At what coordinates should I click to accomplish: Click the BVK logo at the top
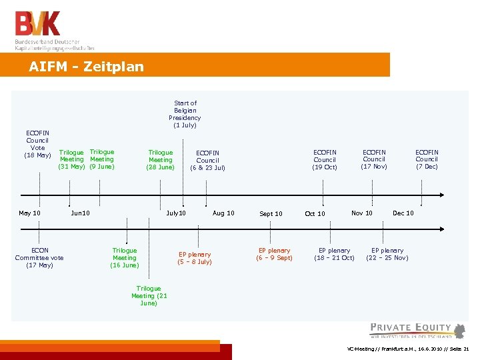39,24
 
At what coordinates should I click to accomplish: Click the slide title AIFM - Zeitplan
86,67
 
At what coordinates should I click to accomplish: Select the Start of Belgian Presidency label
185,114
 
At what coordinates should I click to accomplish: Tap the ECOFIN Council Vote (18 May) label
37,144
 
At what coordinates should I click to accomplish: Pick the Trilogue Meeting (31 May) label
71,159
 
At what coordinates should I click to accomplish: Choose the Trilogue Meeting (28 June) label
160,160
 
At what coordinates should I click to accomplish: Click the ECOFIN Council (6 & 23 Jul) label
207,160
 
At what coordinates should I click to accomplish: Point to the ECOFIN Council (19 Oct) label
325,159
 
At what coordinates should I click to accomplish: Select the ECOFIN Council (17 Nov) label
374,159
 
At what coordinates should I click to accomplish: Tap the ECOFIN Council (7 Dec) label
427,159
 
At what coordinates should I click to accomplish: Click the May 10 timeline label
29,213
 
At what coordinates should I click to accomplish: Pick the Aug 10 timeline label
223,213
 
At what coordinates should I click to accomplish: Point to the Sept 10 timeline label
271,214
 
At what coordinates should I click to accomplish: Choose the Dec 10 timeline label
403,213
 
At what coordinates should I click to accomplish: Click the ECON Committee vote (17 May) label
39,258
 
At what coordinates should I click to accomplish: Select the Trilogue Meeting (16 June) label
125,258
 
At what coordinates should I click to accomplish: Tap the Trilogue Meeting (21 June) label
149,296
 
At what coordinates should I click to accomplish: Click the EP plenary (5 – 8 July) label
195,258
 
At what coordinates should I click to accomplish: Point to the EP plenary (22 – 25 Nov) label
387,254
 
